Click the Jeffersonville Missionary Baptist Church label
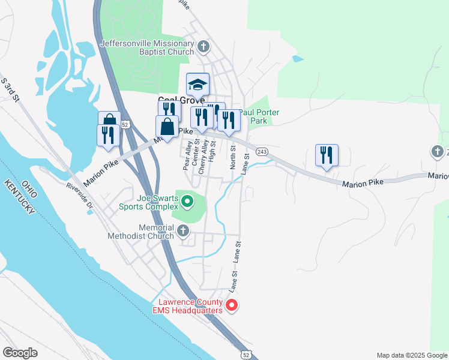(147, 47)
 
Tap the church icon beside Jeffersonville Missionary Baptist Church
(203, 46)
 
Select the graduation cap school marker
(197, 85)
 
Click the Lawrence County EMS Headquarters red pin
(232, 306)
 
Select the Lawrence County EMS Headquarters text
(191, 306)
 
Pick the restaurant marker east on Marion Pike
(327, 155)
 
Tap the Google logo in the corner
(20, 353)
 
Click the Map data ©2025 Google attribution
(411, 355)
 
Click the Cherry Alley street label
(203, 158)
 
